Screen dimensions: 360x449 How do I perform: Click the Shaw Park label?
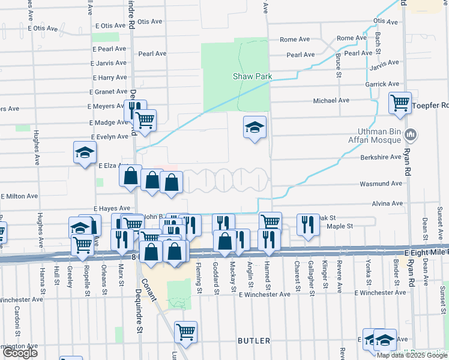pos(253,77)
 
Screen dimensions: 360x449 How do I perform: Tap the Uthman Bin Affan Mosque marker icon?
pos(411,133)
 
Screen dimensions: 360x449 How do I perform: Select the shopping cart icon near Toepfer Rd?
pos(399,103)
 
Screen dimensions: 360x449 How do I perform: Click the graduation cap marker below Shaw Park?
pos(255,127)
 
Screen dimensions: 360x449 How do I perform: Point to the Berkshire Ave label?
pos(380,157)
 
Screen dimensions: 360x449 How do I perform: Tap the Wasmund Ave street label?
pos(380,184)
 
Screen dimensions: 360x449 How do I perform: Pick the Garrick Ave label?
pos(382,85)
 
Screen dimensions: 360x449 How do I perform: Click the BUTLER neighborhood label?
pos(254,341)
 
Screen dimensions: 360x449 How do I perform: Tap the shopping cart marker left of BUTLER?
pos(186,332)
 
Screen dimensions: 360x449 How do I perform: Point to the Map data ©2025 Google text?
pos(412,355)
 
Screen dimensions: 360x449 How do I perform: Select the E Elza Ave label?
pos(113,165)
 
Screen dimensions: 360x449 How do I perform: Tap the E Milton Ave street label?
pos(20,196)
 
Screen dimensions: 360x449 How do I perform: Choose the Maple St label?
pos(339,226)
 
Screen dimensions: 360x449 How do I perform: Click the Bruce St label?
pos(339,66)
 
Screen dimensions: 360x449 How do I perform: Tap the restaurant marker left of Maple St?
pos(308,226)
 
